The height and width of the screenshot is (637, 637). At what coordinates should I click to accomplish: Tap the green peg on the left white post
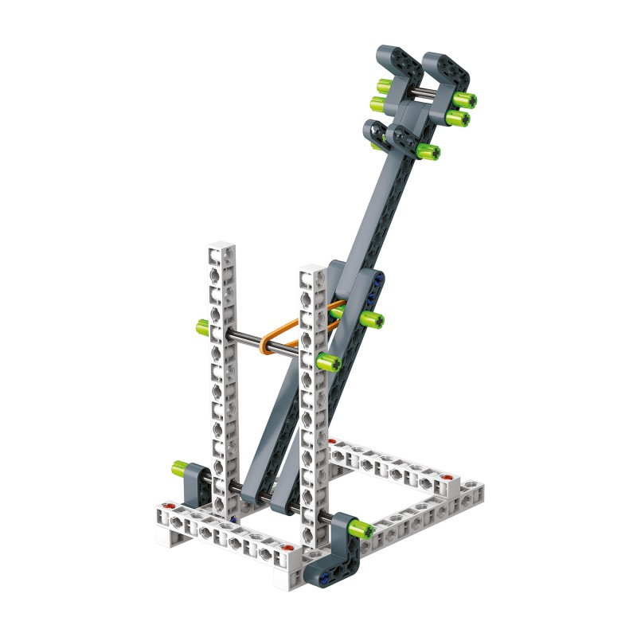(x=202, y=326)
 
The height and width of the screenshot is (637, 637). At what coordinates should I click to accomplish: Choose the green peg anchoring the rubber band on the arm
(x=370, y=319)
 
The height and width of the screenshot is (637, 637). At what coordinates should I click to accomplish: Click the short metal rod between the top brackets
(x=421, y=96)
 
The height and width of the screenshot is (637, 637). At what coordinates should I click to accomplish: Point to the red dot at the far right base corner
(x=448, y=481)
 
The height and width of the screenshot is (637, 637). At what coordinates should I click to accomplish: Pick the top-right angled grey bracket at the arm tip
(x=446, y=72)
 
